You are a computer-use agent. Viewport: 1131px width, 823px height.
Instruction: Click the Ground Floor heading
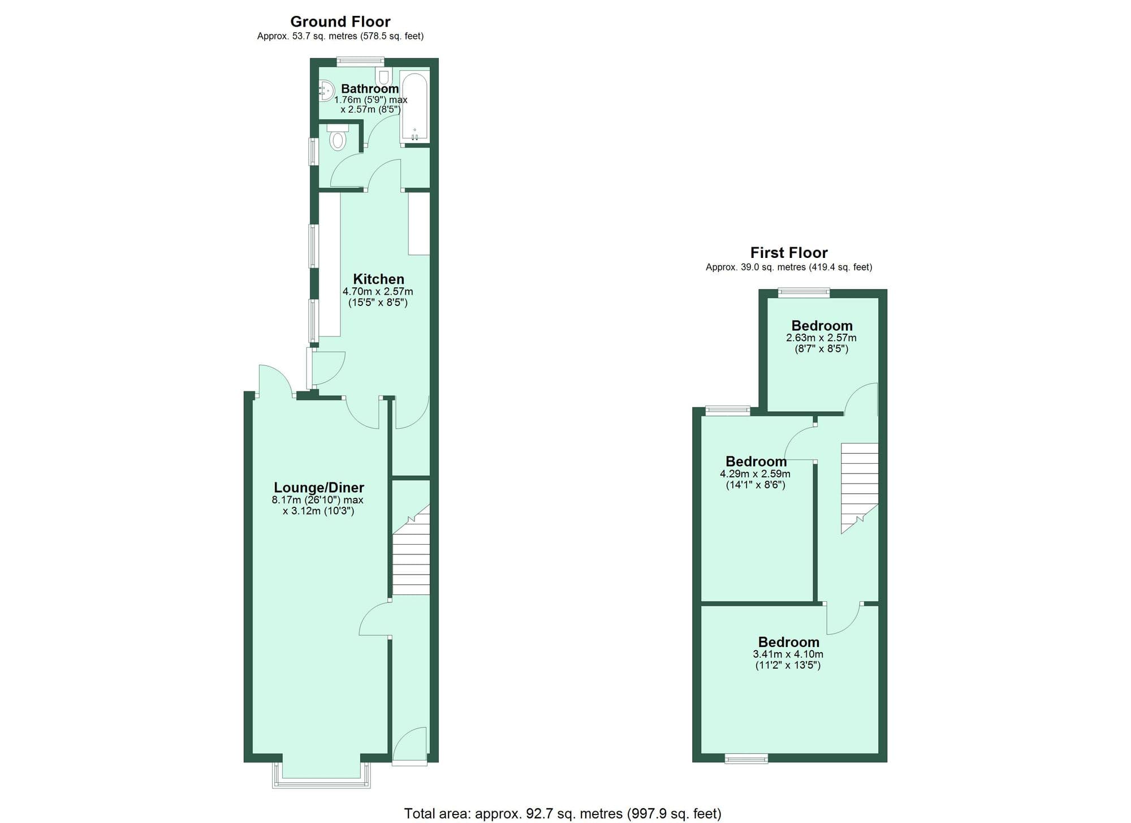click(340, 21)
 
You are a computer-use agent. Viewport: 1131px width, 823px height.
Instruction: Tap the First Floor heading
click(788, 252)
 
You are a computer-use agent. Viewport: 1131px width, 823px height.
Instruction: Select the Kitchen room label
click(378, 279)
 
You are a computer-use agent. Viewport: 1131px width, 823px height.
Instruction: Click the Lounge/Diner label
click(318, 487)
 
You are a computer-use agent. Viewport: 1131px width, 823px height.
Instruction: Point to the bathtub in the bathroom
click(415, 106)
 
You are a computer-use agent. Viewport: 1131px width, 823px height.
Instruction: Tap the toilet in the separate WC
click(338, 139)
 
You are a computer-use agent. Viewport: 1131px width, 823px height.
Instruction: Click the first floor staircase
click(859, 486)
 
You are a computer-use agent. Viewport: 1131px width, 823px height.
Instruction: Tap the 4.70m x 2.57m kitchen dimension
click(378, 292)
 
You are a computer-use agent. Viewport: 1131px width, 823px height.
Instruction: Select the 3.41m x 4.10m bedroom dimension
click(788, 654)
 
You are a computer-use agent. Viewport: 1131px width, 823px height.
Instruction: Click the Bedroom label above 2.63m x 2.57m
click(822, 325)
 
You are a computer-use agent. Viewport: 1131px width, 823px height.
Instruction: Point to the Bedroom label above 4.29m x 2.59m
click(756, 461)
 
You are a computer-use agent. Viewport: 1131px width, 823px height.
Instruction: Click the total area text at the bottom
click(562, 813)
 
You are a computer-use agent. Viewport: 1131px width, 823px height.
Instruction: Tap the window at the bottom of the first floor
click(746, 759)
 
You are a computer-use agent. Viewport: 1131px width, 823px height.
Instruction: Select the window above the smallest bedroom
click(804, 292)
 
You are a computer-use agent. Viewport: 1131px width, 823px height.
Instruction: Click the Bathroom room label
click(370, 89)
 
